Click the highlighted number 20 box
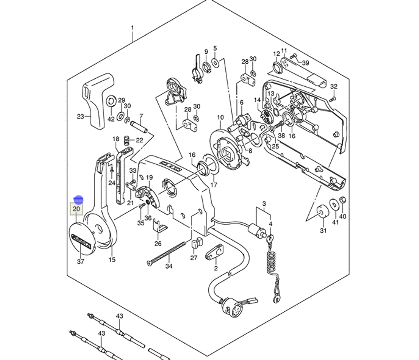coord(76,208)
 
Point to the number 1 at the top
coord(132,28)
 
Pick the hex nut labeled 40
coord(342,200)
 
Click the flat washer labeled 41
coord(334,203)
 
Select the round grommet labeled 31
coord(322,212)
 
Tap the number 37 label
coord(80,262)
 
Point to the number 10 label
coord(220,118)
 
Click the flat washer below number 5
coord(215,63)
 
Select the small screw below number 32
coord(333,99)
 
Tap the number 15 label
coord(112,260)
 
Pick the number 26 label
coord(158,243)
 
